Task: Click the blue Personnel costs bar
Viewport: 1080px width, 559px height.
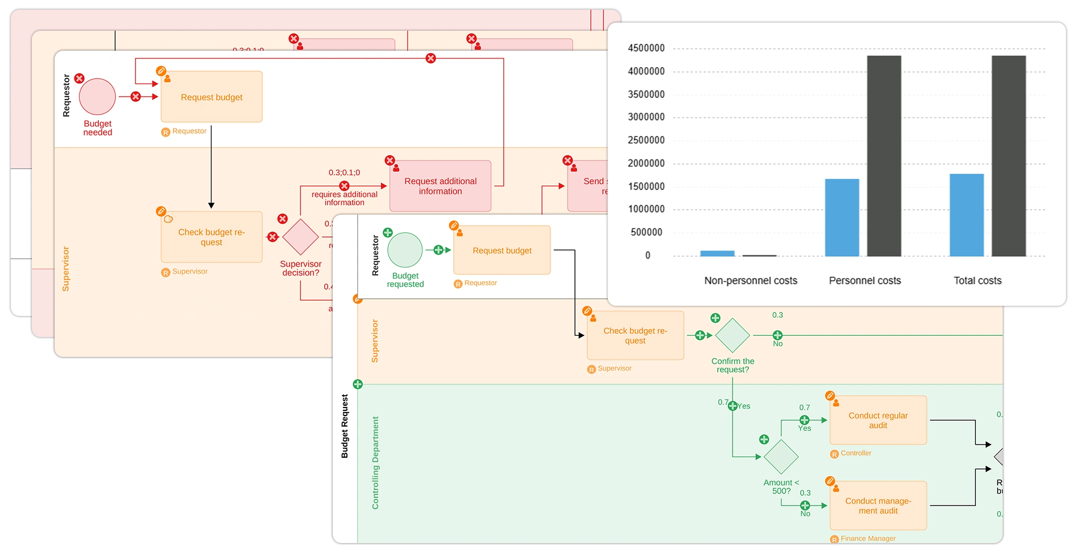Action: coord(842,217)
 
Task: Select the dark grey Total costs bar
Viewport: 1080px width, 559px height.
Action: coord(1008,156)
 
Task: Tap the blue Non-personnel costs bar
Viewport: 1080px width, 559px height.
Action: coord(717,253)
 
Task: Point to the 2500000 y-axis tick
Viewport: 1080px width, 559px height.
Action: coord(646,140)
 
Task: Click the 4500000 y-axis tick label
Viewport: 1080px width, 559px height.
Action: coord(646,48)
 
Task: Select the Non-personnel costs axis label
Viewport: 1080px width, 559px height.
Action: coord(750,281)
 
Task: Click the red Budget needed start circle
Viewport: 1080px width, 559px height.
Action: coord(97,97)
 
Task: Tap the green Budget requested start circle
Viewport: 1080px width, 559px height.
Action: coord(405,250)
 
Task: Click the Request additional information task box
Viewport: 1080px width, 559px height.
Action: coord(440,186)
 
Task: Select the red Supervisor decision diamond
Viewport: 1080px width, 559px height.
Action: coord(300,237)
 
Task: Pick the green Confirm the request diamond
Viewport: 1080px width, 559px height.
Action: coord(733,335)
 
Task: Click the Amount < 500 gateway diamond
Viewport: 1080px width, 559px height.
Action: coord(781,457)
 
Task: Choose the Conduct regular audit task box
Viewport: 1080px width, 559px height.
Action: coord(878,421)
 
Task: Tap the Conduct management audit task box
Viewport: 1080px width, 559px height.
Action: coord(878,506)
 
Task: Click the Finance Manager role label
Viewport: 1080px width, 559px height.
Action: coord(867,539)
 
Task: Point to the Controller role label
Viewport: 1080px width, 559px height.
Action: coord(855,453)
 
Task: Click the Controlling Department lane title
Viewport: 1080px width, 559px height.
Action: coord(375,463)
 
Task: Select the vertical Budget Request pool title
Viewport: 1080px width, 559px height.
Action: coord(345,426)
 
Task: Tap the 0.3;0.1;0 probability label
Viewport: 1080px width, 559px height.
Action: coord(344,172)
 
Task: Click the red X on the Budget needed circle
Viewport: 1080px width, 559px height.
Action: coord(80,79)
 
